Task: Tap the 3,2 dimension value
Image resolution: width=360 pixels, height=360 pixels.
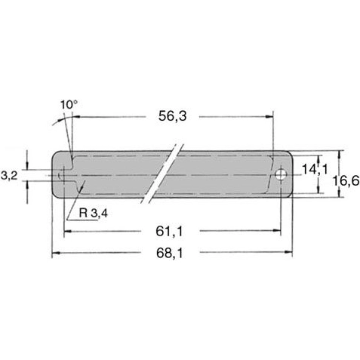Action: point(10,174)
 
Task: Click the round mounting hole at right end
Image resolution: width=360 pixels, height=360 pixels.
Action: point(281,174)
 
